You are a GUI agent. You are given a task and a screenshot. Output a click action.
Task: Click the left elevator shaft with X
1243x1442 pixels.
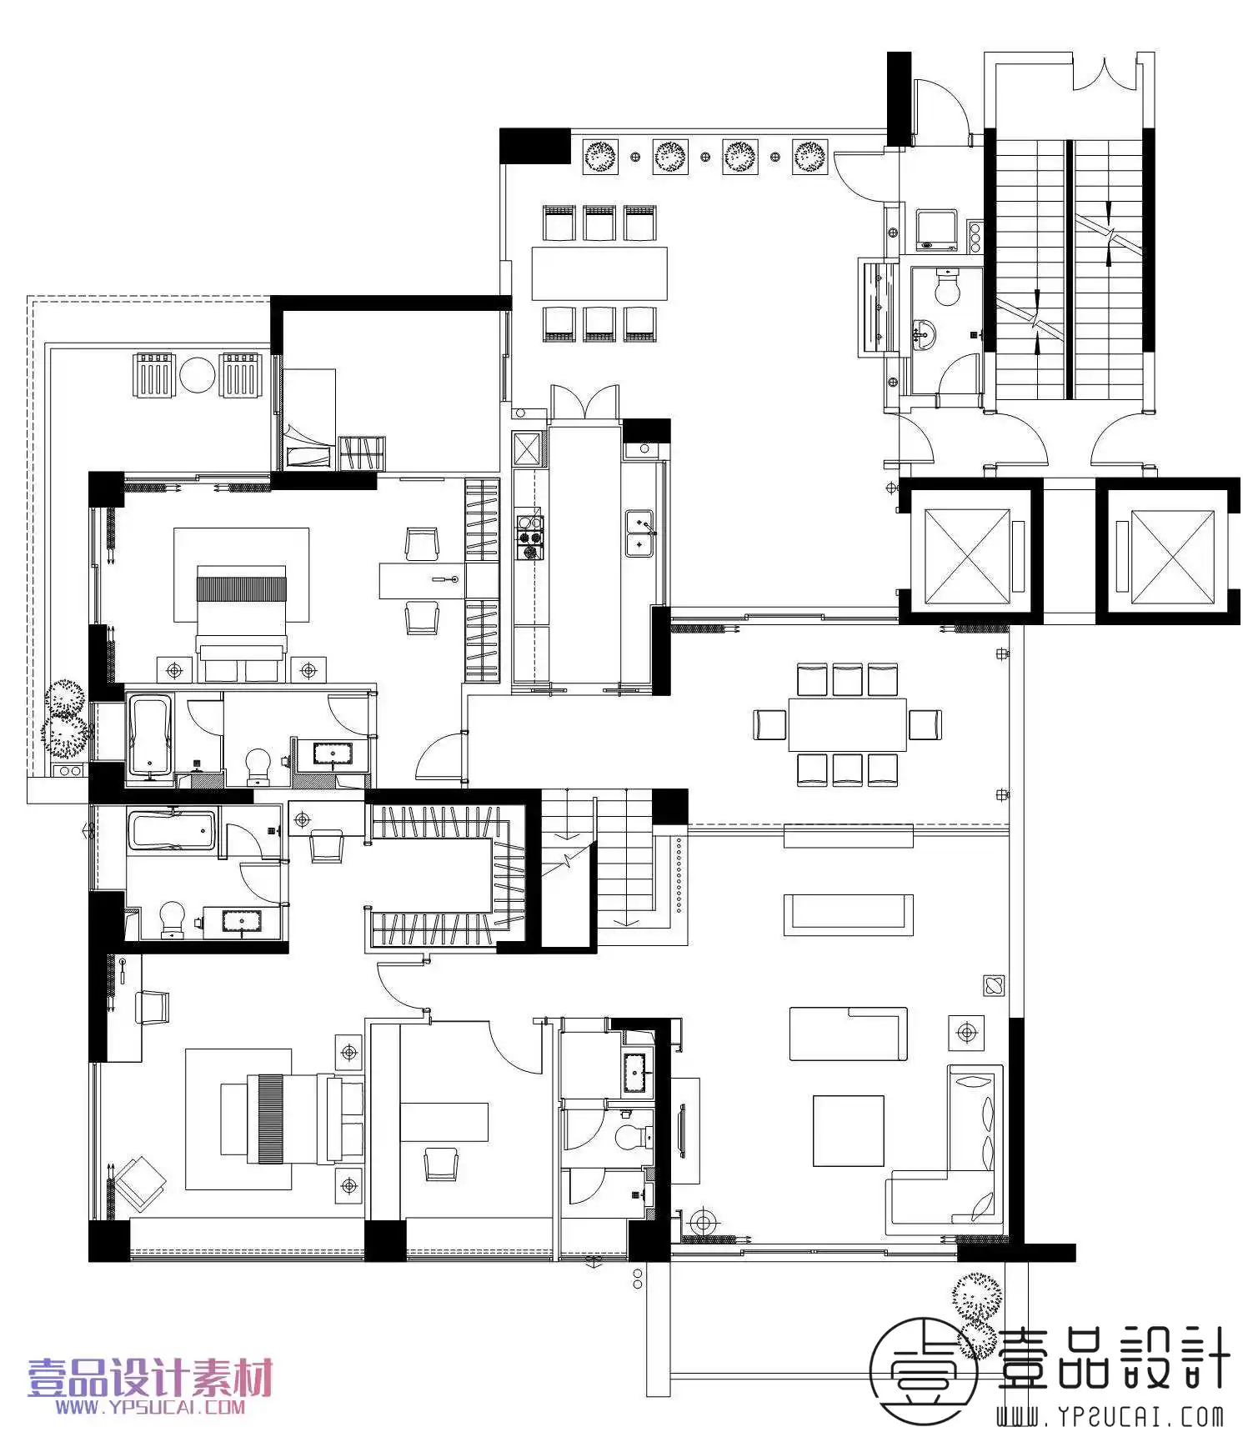pos(967,556)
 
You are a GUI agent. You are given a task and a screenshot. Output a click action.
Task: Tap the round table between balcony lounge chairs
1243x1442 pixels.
pos(198,375)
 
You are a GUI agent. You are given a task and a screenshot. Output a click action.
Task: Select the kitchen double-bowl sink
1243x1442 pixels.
pos(639,533)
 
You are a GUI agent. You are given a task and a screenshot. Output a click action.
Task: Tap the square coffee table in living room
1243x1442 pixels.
pos(848,1130)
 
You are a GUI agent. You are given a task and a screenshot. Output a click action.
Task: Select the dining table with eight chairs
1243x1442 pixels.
pos(847,724)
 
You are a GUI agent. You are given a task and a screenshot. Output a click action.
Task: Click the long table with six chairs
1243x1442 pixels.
pos(599,273)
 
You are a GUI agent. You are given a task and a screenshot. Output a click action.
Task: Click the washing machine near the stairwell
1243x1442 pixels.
pos(936,230)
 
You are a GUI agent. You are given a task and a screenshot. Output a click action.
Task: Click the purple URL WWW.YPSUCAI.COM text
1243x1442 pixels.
pos(150,1407)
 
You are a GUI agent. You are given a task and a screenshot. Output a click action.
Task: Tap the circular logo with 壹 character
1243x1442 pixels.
pos(924,1372)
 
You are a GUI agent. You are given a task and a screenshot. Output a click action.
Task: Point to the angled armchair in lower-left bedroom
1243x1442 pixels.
pos(139,1183)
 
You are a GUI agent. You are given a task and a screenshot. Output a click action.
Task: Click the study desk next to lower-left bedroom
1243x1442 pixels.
pos(444,1122)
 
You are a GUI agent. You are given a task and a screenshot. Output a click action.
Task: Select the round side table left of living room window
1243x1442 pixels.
pos(704,1223)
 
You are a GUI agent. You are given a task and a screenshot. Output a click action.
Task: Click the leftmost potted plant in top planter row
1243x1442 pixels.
pos(599,156)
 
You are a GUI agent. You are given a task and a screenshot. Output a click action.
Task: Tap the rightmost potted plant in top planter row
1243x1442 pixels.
pos(809,156)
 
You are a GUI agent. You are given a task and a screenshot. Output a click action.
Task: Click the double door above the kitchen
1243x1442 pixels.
pos(584,402)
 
